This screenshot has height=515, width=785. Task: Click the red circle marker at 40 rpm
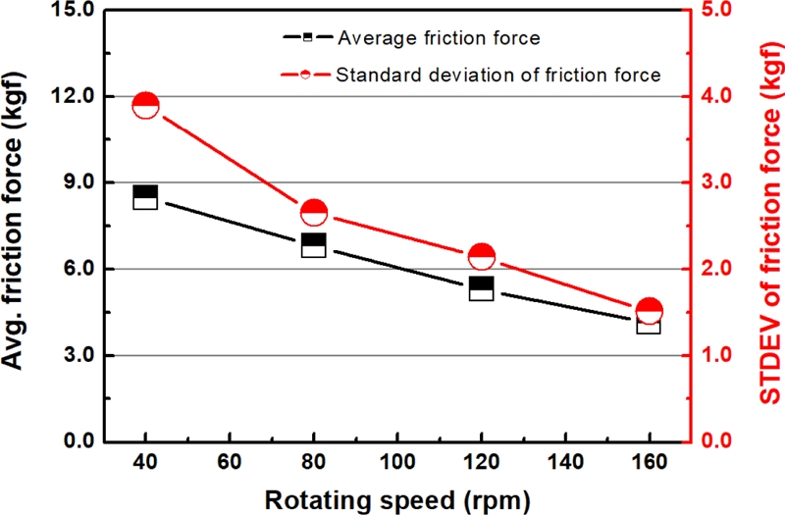[145, 106]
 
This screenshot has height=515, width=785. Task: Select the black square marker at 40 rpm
[145, 197]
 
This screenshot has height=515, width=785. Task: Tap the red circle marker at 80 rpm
[313, 212]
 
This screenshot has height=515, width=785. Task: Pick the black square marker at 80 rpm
[313, 245]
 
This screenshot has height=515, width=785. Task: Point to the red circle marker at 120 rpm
[481, 257]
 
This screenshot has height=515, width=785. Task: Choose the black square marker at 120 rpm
[481, 288]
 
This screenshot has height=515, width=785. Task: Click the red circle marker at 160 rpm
[649, 311]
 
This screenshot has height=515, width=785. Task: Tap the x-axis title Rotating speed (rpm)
[397, 499]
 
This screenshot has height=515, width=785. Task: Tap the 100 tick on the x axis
[397, 463]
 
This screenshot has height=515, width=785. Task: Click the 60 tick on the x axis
[230, 463]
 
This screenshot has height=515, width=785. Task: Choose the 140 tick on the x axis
[565, 463]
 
